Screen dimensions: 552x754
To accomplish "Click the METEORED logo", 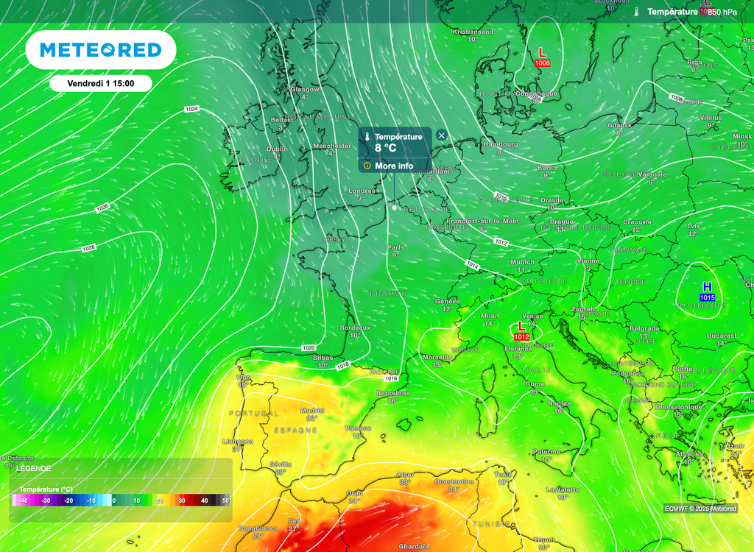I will coord(100,50).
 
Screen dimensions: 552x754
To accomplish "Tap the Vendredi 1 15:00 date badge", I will coord(101,83).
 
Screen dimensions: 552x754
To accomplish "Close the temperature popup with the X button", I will coord(441,135).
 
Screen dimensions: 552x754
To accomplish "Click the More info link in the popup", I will coord(394,166).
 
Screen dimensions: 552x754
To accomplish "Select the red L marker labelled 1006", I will coord(542,57).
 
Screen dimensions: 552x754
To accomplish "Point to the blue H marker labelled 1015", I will coord(707,291).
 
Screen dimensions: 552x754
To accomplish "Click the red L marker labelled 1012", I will coord(521,330).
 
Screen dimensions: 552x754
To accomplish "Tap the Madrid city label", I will coord(312,411).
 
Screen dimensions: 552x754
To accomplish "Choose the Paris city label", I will coord(396,247).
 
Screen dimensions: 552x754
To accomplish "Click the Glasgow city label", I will coord(304,89).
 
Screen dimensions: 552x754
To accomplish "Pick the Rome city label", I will coord(535,384).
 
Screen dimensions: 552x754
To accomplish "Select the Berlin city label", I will coord(547,169).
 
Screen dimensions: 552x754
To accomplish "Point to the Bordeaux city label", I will coord(355,328).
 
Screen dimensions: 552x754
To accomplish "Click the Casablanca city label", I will coord(258,528).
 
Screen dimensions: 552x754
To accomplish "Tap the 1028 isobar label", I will coord(88,248).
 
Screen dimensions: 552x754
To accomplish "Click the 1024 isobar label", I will coord(191,109).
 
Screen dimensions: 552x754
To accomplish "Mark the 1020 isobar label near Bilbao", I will coord(309,347).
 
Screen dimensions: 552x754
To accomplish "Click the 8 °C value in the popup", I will coord(385,148).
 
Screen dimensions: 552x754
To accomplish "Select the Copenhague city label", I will coord(537,93).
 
